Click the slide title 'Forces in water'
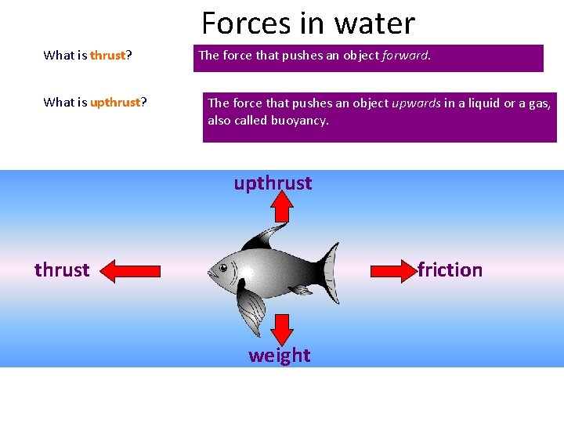(x=308, y=23)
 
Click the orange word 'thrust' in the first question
(x=107, y=55)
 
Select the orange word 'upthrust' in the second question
(x=115, y=103)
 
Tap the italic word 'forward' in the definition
(x=405, y=55)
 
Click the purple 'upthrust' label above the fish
(x=273, y=183)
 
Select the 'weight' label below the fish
(x=279, y=356)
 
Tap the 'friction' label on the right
(x=450, y=270)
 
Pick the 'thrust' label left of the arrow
(x=62, y=270)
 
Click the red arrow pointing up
(x=282, y=208)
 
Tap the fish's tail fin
(x=330, y=270)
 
